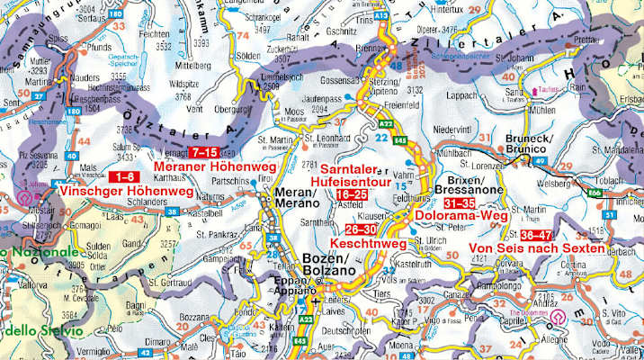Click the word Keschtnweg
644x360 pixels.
coord(365,244)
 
